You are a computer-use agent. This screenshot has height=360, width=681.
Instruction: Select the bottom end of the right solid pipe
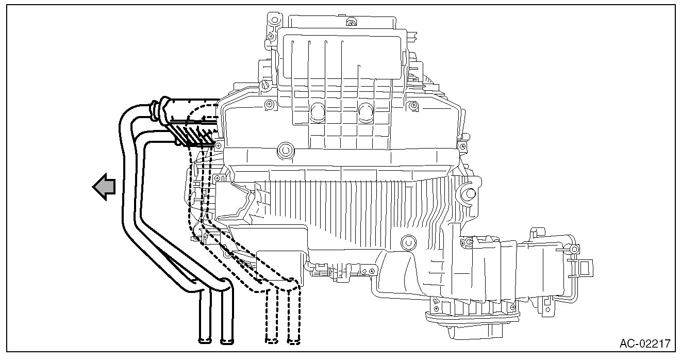pyautogui.click(x=227, y=340)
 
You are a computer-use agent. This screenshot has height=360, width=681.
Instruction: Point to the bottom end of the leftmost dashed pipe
pyautogui.click(x=272, y=340)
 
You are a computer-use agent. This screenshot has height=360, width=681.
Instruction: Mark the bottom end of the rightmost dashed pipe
pyautogui.click(x=294, y=340)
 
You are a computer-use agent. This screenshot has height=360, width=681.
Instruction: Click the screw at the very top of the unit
pyautogui.click(x=351, y=22)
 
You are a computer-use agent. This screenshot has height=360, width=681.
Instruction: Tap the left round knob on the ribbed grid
pyautogui.click(x=316, y=109)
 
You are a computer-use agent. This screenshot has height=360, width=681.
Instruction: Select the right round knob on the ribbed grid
pyautogui.click(x=366, y=109)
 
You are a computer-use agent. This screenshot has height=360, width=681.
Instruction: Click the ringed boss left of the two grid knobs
pyautogui.click(x=284, y=151)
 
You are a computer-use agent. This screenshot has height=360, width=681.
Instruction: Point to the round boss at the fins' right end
pyautogui.click(x=469, y=193)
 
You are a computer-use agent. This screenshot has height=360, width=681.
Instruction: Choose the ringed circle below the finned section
pyautogui.click(x=408, y=241)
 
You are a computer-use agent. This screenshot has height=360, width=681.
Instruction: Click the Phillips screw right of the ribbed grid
pyautogui.click(x=412, y=106)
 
